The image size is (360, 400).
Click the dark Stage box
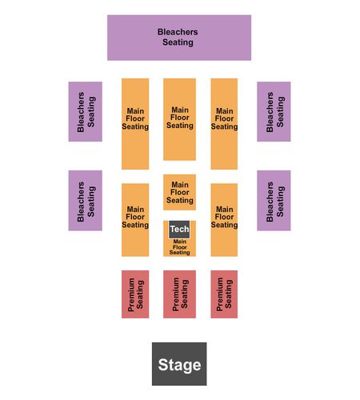tap(179, 364)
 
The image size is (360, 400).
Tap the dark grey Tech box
tap(179, 230)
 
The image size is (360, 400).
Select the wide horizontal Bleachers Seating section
tap(179, 38)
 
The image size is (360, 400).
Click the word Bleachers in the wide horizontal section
tap(178, 32)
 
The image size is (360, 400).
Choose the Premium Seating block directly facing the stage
tap(179, 294)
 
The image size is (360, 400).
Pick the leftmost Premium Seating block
tap(135, 294)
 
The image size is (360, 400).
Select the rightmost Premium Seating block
tap(224, 294)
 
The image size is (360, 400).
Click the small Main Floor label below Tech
tap(180, 247)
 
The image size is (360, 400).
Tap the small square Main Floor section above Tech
tap(179, 192)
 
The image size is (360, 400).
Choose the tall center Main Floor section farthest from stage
tap(179, 119)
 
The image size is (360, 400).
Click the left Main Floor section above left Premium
tap(135, 220)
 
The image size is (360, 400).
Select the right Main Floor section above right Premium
tap(224, 220)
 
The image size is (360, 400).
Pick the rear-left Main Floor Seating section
tap(135, 124)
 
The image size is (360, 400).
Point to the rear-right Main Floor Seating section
tap(224, 124)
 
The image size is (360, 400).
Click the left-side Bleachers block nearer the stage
tap(86, 201)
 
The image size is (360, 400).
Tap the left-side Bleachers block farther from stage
tap(86, 111)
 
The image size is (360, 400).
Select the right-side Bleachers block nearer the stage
tap(274, 201)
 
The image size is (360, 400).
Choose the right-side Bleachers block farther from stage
tap(274, 111)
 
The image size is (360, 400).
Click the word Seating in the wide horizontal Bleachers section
tap(178, 42)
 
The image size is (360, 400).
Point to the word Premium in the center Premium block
tap(175, 294)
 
